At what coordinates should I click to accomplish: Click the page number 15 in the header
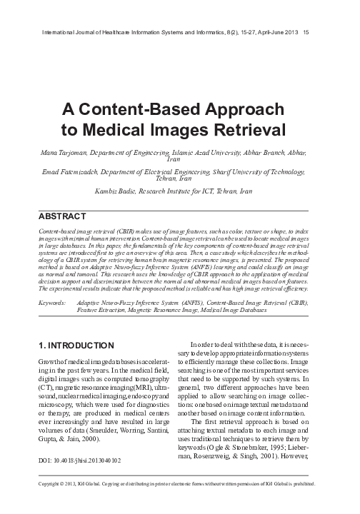point(306,31)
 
